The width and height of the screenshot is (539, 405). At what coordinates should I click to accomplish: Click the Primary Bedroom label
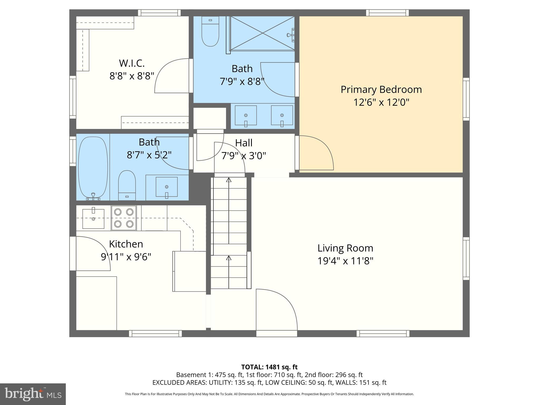coord(381,90)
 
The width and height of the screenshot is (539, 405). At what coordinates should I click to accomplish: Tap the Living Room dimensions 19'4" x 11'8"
coord(345,261)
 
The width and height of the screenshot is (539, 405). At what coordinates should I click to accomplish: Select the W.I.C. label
coord(132,63)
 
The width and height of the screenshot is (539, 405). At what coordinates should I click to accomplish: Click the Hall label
coord(244,143)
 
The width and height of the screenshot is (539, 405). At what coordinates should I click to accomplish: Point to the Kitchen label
coord(126,244)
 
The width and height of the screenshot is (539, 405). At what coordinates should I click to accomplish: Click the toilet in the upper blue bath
coord(210,32)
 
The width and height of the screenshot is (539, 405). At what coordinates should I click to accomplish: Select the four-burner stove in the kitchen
coord(124,218)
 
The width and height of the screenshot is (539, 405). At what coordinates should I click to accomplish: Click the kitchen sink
coord(93,219)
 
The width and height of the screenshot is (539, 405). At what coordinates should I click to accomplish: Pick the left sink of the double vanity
coord(246,115)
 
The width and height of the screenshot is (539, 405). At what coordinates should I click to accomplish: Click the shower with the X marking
coord(262,33)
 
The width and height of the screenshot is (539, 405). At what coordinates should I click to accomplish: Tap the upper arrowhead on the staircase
coord(229,180)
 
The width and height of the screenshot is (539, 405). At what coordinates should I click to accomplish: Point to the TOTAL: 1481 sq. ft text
coord(269,367)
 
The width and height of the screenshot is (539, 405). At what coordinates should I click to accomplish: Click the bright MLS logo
coord(33,394)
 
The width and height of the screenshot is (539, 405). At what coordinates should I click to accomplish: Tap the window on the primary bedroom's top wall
coord(387,13)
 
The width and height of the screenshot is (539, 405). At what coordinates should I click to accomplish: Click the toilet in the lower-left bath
coord(127,185)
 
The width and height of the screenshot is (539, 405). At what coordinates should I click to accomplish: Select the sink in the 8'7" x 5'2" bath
coord(166,187)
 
